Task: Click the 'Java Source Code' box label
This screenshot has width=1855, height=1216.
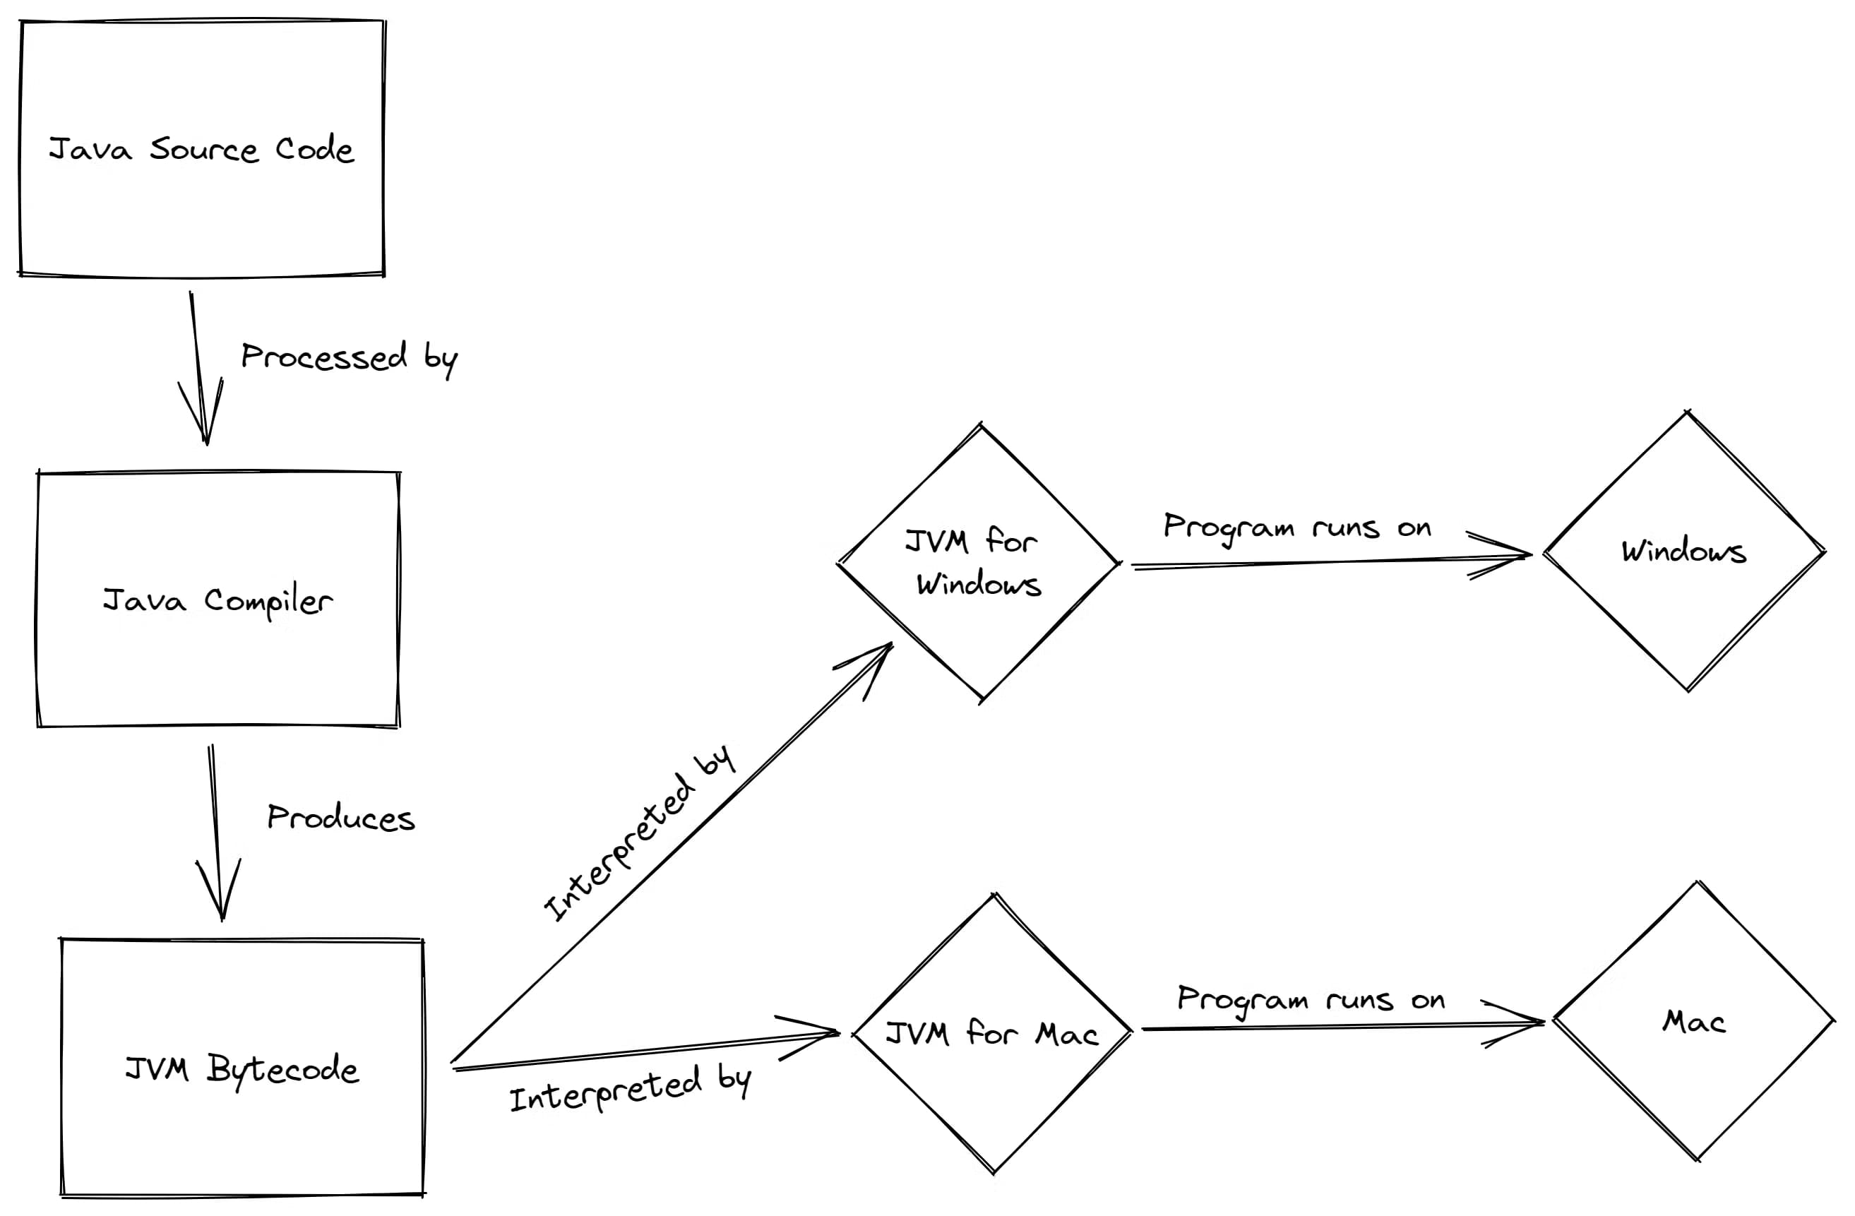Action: [x=201, y=149]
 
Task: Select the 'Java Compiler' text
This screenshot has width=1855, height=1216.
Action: [x=218, y=601]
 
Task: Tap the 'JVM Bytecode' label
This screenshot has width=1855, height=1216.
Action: [x=241, y=1068]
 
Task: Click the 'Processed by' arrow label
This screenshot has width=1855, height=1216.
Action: [x=348, y=358]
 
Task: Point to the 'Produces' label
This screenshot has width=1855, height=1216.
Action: [x=340, y=818]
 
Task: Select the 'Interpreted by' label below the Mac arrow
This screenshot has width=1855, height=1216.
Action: [x=630, y=1090]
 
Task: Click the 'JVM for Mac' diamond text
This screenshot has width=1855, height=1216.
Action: [x=991, y=1035]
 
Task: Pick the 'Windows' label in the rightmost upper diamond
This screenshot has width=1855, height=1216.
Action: [x=1683, y=551]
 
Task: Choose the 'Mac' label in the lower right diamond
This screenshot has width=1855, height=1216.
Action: [x=1694, y=1021]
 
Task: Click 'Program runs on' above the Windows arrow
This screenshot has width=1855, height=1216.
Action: [x=1297, y=527]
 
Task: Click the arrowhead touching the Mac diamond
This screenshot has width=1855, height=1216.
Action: [x=1527, y=1023]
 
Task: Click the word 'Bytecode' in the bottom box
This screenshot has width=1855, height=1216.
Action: [x=282, y=1069]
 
